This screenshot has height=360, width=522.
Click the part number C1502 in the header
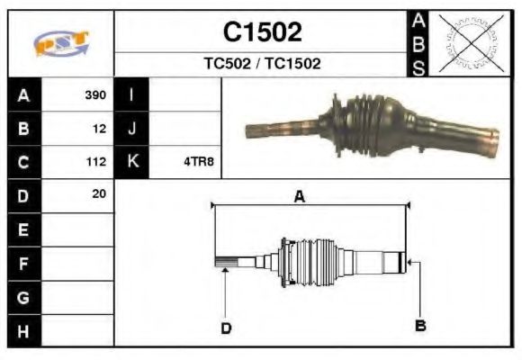pyautogui.click(x=262, y=32)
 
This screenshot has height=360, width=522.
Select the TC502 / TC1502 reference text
pyautogui.click(x=262, y=64)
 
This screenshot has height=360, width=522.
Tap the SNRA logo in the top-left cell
pyautogui.click(x=61, y=43)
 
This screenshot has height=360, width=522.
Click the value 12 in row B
pyautogui.click(x=99, y=129)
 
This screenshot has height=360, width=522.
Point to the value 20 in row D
pyautogui.click(x=99, y=193)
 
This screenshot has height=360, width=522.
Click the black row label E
pyautogui.click(x=23, y=229)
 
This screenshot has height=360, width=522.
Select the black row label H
pyautogui.click(x=23, y=330)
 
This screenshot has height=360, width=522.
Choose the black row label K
pyautogui.click(x=132, y=162)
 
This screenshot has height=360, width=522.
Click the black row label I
pyautogui.click(x=132, y=94)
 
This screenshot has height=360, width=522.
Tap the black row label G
pyautogui.click(x=23, y=297)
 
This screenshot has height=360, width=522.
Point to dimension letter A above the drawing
pyautogui.click(x=300, y=196)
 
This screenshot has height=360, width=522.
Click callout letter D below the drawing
pyautogui.click(x=226, y=328)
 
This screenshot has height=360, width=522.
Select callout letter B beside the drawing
pyautogui.click(x=419, y=324)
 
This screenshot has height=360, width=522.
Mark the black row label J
pyautogui.click(x=132, y=129)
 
